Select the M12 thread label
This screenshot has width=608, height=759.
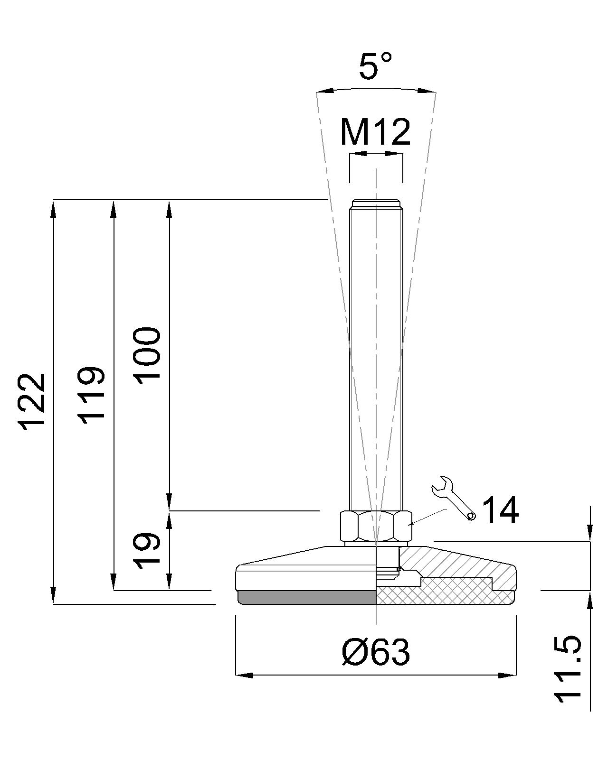click(x=375, y=132)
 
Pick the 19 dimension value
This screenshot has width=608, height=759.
click(x=147, y=550)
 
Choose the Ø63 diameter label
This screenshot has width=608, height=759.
click(x=375, y=652)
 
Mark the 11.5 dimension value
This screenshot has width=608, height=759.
click(x=567, y=669)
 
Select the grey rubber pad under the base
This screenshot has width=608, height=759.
click(x=306, y=597)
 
